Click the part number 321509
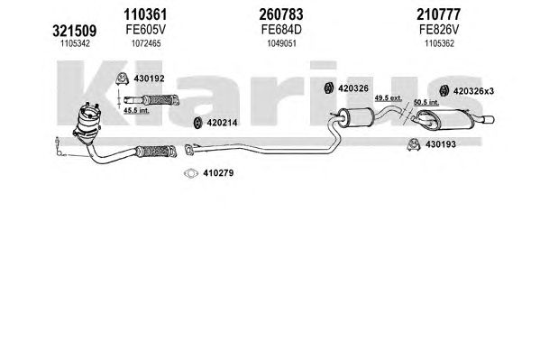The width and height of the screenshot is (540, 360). pyautogui.click(x=75, y=31)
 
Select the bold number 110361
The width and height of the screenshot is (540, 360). pyautogui.click(x=145, y=14)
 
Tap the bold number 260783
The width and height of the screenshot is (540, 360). pyautogui.click(x=281, y=14)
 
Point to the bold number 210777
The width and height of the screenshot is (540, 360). pyautogui.click(x=438, y=14)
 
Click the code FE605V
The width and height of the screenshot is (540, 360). pyautogui.click(x=145, y=30)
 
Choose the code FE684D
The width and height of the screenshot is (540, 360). pyautogui.click(x=281, y=30)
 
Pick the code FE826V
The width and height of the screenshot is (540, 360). pyautogui.click(x=439, y=30)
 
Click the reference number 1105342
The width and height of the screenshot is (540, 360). pyautogui.click(x=75, y=43)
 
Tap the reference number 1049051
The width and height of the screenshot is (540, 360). pyautogui.click(x=281, y=43)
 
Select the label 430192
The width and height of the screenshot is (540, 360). pyautogui.click(x=149, y=78)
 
